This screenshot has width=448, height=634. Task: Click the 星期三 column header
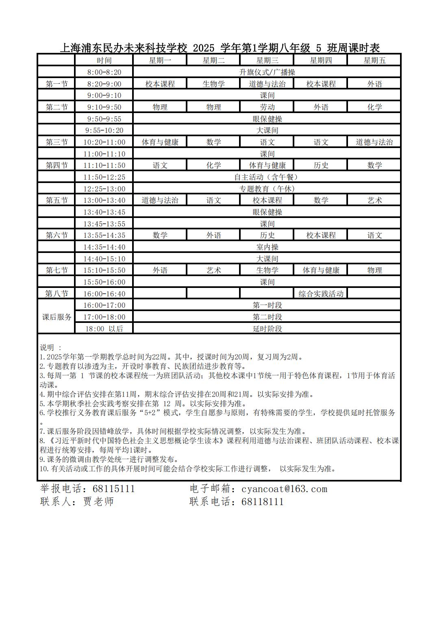pyautogui.click(x=267, y=61)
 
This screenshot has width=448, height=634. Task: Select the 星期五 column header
pyautogui.click(x=374, y=61)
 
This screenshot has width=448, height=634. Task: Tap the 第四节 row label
pyautogui.click(x=57, y=166)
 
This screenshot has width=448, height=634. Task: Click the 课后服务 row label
pyautogui.click(x=57, y=317)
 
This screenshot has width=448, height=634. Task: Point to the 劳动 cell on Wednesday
pyautogui.click(x=267, y=107)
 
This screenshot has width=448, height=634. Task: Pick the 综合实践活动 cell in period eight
pyautogui.click(x=321, y=294)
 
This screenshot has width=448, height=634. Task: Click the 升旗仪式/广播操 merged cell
pyautogui.click(x=267, y=72)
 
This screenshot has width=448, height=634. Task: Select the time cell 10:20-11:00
pyautogui.click(x=104, y=142)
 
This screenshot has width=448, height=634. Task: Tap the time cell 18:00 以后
pyautogui.click(x=104, y=329)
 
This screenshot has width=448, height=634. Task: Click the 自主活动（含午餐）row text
pyautogui.click(x=267, y=177)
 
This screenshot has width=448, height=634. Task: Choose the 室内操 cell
pyautogui.click(x=267, y=247)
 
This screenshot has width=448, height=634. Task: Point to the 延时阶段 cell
pyautogui.click(x=267, y=329)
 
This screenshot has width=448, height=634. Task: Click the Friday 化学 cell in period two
pyautogui.click(x=374, y=107)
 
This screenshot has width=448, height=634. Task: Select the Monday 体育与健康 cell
pyautogui.click(x=160, y=142)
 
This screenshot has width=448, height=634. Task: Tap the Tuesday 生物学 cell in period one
pyautogui.click(x=213, y=84)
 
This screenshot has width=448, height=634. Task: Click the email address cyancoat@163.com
pyautogui.click(x=284, y=489)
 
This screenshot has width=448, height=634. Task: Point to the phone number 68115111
pyautogui.click(x=113, y=489)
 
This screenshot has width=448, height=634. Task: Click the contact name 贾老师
pyautogui.click(x=98, y=501)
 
